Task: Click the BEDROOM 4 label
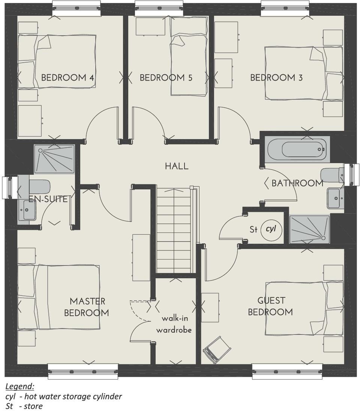(67, 78)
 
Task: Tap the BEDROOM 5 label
(166, 78)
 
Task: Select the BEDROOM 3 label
(276, 78)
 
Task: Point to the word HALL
(177, 166)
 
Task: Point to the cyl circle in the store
(271, 228)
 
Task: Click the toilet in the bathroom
(332, 175)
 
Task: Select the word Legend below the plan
(20, 386)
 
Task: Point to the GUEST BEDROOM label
(271, 306)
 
